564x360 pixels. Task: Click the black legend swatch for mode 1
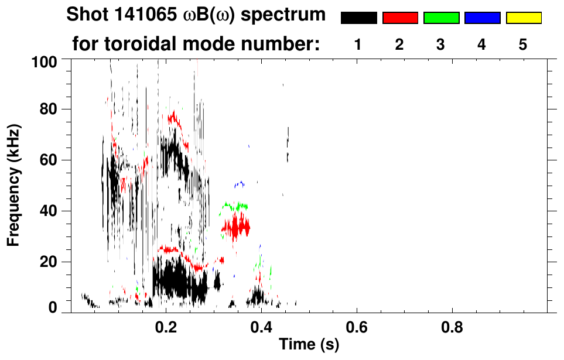tap(358, 18)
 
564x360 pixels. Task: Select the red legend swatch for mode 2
tap(400, 18)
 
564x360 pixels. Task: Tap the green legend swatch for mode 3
tap(441, 18)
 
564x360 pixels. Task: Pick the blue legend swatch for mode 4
tap(482, 18)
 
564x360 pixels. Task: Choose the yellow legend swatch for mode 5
tap(524, 18)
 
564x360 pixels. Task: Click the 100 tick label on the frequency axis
tap(45, 60)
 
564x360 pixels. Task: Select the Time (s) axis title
tap(308, 345)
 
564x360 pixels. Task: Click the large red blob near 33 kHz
tap(235, 227)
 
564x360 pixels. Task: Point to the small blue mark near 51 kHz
tap(239, 184)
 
